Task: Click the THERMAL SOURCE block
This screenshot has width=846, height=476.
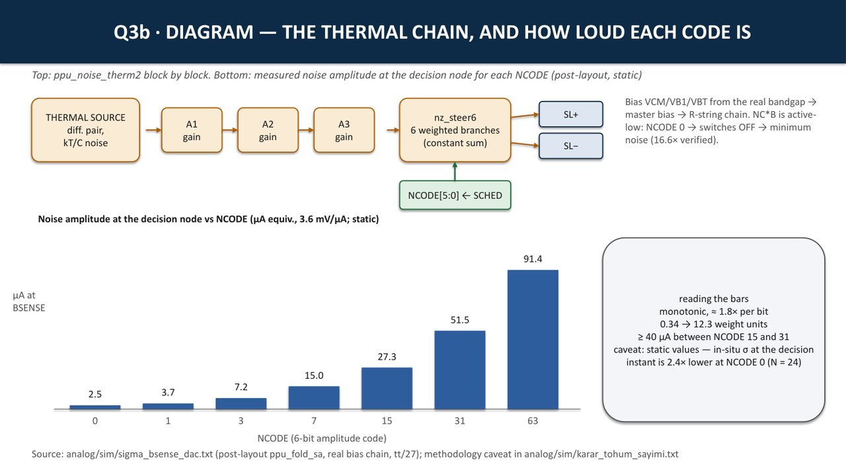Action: tap(86, 130)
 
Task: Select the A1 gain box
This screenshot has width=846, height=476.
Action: tap(192, 130)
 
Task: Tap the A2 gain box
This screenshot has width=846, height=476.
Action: tap(268, 130)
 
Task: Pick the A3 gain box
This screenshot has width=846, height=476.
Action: tap(344, 130)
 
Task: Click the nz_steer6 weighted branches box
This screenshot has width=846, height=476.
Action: tap(455, 130)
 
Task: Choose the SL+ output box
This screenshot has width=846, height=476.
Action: tap(570, 114)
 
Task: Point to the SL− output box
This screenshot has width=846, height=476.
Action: tap(570, 146)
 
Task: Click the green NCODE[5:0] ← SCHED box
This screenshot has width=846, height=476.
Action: tap(455, 195)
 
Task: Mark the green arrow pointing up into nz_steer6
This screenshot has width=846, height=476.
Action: tap(455, 171)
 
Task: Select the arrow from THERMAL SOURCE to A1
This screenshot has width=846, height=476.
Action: tap(154, 130)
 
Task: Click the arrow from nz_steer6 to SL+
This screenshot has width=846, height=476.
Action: tap(525, 116)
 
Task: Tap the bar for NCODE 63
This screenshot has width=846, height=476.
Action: tap(533, 340)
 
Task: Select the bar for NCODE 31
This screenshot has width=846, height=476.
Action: tap(459, 370)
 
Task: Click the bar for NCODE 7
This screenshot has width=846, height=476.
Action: tap(314, 398)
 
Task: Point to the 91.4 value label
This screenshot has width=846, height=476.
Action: tap(533, 258)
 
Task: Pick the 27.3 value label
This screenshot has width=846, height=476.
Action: tap(387, 356)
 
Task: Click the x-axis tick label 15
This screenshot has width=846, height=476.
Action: tap(387, 420)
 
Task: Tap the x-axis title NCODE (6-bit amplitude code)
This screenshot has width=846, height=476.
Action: tap(322, 438)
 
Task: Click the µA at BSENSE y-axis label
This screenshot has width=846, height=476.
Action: tap(28, 301)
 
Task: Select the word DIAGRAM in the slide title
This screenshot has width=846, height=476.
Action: tap(210, 32)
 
